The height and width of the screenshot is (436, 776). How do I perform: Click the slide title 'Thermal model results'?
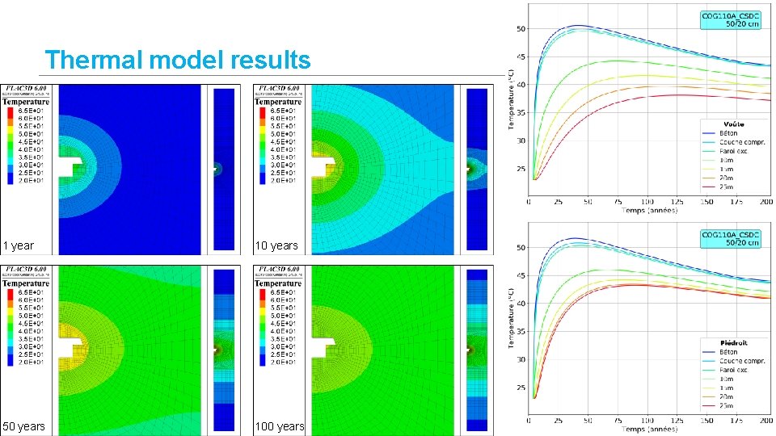[x=178, y=60]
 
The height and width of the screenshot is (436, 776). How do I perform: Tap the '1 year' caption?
[x=19, y=245]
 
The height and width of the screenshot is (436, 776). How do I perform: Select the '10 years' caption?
[x=276, y=245]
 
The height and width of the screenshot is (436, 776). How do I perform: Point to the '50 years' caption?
[x=24, y=426]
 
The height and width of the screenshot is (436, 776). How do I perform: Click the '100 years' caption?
[x=280, y=426]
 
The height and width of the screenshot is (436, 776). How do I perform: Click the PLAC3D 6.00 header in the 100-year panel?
[x=278, y=270]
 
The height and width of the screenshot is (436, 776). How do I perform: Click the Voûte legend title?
[x=735, y=124]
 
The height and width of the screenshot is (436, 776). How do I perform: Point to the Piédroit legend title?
[x=735, y=342]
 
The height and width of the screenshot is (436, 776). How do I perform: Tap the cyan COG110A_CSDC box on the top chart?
[x=731, y=19]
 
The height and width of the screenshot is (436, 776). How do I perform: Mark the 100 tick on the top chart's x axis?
[x=647, y=202]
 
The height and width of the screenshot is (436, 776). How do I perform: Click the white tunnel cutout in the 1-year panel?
[x=69, y=168]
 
